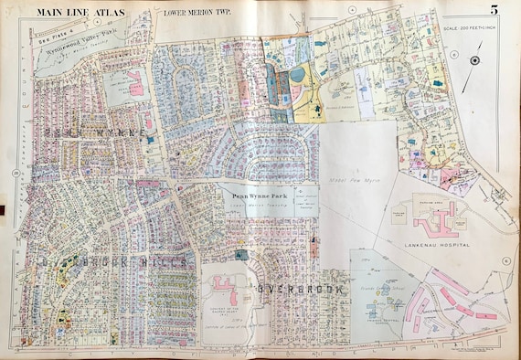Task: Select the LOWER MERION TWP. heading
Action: (196, 13)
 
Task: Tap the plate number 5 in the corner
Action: (493, 11)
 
